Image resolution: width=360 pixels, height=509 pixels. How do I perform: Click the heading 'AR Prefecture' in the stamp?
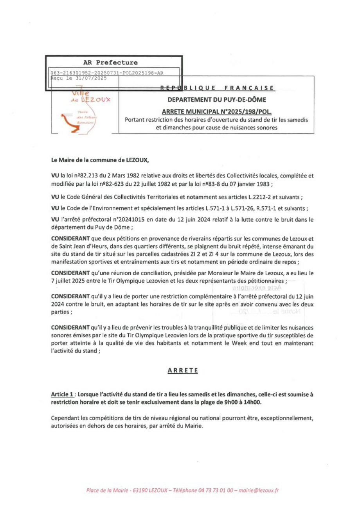110,63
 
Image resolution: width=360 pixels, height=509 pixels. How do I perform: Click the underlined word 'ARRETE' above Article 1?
183,370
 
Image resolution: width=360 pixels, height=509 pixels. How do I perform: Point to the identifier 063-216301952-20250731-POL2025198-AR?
107,73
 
